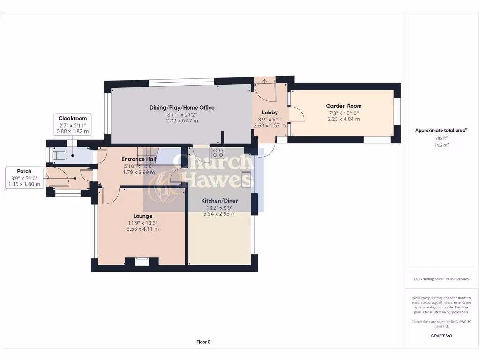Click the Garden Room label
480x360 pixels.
[x=344, y=106]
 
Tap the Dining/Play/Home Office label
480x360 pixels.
[x=182, y=108]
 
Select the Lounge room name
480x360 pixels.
[x=142, y=216]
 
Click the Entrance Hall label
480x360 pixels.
[x=139, y=159]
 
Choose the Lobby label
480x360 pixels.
[x=270, y=112]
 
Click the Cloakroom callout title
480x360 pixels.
[x=72, y=119]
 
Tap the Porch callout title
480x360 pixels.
[x=24, y=171]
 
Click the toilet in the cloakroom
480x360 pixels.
[x=61, y=155]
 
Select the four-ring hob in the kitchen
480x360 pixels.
[x=218, y=151]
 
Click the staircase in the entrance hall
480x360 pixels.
[x=148, y=152]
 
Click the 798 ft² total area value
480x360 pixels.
[x=442, y=139]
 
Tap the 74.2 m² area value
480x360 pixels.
[x=442, y=145]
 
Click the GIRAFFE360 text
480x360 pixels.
[x=442, y=336]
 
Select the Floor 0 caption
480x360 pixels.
[x=203, y=342]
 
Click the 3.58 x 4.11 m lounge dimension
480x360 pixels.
[x=142, y=229]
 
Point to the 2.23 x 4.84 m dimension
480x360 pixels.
[x=344, y=119]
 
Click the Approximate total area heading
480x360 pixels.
[x=441, y=130]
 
